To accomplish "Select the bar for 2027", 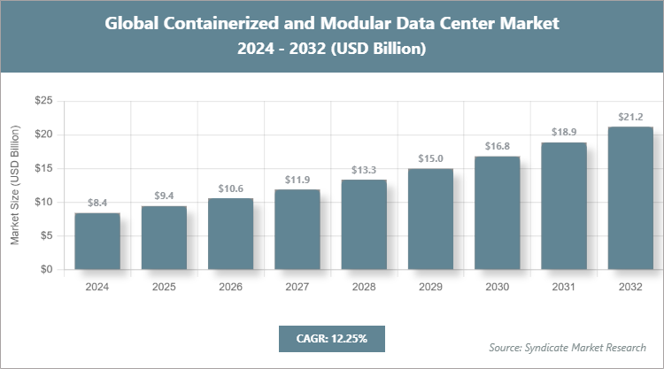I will click(x=297, y=229).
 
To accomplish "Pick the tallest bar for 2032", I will click(x=630, y=198).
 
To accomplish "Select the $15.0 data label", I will click(x=430, y=158).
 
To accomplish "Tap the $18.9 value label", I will click(x=564, y=132).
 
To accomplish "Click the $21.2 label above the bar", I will click(x=630, y=117).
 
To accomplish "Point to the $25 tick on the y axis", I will click(x=42, y=102).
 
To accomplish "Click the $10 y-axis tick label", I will click(x=42, y=203).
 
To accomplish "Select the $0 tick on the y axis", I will click(x=45, y=270).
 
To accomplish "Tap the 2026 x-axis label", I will click(x=230, y=288).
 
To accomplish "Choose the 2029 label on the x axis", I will click(x=430, y=288).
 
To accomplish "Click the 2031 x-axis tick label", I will click(x=564, y=288).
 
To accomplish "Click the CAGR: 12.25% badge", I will click(x=331, y=338).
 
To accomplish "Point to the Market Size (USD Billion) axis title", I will click(x=15, y=186).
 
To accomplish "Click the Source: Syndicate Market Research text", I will click(x=567, y=346).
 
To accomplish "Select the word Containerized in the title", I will click(x=221, y=24).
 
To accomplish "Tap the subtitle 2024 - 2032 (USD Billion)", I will click(x=332, y=49).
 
